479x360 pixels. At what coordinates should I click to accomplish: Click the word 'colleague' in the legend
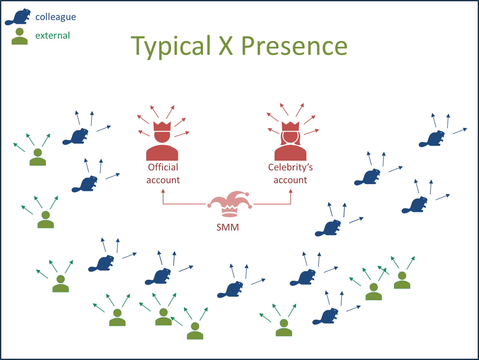tap(56, 17)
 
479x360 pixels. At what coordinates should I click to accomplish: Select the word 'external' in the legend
tap(52, 36)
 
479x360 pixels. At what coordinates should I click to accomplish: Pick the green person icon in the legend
tap(20, 36)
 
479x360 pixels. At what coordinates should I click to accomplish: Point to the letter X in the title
tap(226, 45)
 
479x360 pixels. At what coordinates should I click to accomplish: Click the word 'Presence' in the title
tap(294, 46)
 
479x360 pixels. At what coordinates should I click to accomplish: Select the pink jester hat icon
tap(230, 204)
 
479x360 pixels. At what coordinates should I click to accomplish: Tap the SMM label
tap(228, 227)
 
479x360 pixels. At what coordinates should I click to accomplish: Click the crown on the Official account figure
tap(162, 126)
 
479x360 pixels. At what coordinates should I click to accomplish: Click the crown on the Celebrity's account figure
tap(290, 126)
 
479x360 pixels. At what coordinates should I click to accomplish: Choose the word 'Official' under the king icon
tap(163, 167)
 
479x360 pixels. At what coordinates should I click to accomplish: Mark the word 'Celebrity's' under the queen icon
tap(290, 167)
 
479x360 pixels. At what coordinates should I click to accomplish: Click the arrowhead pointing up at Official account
tap(163, 191)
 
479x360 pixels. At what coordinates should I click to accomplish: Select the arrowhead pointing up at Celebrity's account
tap(291, 191)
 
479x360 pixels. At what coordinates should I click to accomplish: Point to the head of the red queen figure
tap(290, 137)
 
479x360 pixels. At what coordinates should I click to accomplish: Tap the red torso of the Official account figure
tap(162, 153)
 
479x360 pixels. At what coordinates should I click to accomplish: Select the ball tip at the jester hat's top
tap(247, 194)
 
